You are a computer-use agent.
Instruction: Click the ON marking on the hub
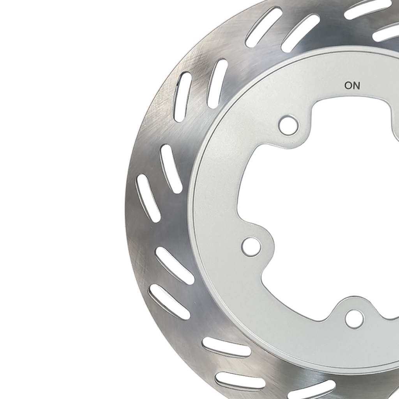pyautogui.click(x=352, y=85)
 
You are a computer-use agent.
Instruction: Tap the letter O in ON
pyautogui.click(x=348, y=85)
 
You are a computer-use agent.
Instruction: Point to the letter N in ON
pyautogui.click(x=357, y=85)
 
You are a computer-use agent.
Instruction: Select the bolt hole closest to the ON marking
pyautogui.click(x=288, y=125)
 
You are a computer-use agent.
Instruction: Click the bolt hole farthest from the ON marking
pyautogui.click(x=354, y=319)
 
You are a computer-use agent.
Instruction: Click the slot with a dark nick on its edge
pyautogui.click(x=183, y=97)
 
